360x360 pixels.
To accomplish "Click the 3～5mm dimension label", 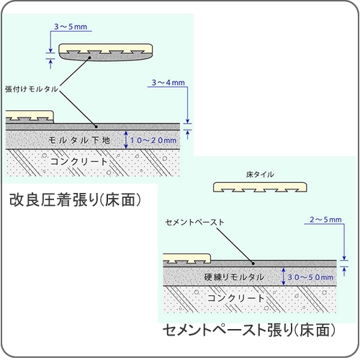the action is pyautogui.click(x=71, y=27).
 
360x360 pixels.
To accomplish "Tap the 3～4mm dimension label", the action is pyautogui.click(x=168, y=83).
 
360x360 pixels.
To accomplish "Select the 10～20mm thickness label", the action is pyautogui.click(x=153, y=140).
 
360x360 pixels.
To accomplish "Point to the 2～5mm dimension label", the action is pyautogui.click(x=325, y=220).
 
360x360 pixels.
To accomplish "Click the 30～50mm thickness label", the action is pyautogui.click(x=310, y=277).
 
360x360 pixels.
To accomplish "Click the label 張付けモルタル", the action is pyautogui.click(x=32, y=89).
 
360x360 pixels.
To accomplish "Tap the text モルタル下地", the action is pyautogui.click(x=79, y=140).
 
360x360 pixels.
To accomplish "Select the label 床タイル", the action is pyautogui.click(x=260, y=174).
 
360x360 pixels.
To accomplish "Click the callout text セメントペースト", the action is pyautogui.click(x=194, y=222).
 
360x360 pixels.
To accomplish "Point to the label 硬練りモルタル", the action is pyautogui.click(x=234, y=277).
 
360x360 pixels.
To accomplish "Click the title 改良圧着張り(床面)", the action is pyautogui.click(x=75, y=199).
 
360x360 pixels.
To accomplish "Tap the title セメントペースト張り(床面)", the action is pyautogui.click(x=249, y=330).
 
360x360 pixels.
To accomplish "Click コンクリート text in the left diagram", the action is pyautogui.click(x=78, y=161).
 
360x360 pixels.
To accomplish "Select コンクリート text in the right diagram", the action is pyautogui.click(x=235, y=298).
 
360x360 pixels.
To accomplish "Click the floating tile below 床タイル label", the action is pyautogui.click(x=260, y=187).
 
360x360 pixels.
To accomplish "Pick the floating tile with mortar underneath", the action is pyautogui.click(x=106, y=52).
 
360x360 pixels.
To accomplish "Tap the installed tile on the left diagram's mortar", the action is pyautogui.click(x=30, y=117).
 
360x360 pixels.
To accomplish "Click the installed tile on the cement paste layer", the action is pyautogui.click(x=186, y=258).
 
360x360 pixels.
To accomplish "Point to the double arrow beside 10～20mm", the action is pyautogui.click(x=126, y=140).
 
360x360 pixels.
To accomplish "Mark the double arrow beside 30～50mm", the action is pyautogui.click(x=284, y=276).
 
